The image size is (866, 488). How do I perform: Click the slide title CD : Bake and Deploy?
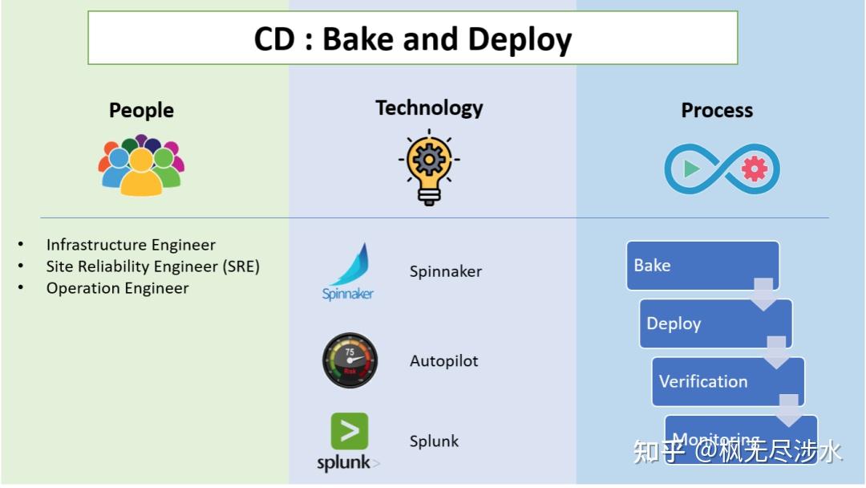pos(412,39)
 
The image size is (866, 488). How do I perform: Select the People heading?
pos(141,110)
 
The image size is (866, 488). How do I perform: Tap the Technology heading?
pos(429,108)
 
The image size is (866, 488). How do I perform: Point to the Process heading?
pos(717,110)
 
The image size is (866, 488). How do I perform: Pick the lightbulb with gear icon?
pos(429,166)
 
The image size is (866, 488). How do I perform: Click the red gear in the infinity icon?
pos(754,169)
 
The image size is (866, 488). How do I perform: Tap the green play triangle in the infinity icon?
pos(691,169)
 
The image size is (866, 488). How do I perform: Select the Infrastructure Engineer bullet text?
pos(131,245)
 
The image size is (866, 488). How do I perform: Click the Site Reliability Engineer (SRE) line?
pos(152,266)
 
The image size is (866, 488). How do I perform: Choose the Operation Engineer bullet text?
pos(117,288)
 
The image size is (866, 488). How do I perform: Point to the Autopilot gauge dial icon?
pos(350,361)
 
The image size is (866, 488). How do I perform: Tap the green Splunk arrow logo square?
pos(350,431)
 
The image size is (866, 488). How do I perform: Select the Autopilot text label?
pos(443,361)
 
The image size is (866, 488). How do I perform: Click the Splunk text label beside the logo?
pos(434,441)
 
